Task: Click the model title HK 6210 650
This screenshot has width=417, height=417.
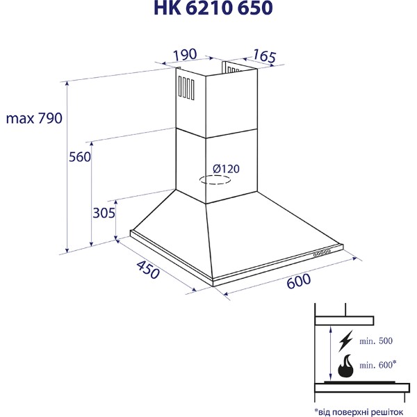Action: (x=213, y=8)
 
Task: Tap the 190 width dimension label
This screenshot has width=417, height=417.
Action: (x=185, y=54)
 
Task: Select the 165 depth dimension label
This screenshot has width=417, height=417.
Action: (x=264, y=56)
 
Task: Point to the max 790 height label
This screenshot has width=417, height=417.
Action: (x=34, y=118)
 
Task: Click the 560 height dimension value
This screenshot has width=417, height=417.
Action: (x=80, y=156)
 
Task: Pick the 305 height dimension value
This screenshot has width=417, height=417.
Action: (x=104, y=213)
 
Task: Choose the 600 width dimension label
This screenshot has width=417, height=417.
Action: (x=298, y=281)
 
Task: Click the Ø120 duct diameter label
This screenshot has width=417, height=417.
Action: (x=226, y=169)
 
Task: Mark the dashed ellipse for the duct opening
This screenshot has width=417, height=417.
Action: (x=215, y=180)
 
